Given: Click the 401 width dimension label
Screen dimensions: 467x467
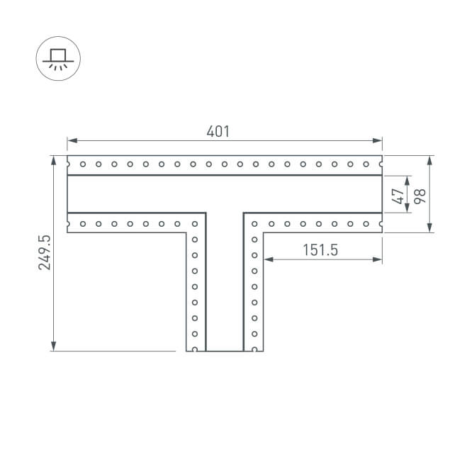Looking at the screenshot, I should click(218, 131).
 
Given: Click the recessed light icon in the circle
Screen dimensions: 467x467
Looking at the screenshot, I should click(58, 58).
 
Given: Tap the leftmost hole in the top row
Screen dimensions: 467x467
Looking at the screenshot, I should click(83, 164).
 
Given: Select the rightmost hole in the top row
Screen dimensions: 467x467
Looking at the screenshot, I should click(366, 164).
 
